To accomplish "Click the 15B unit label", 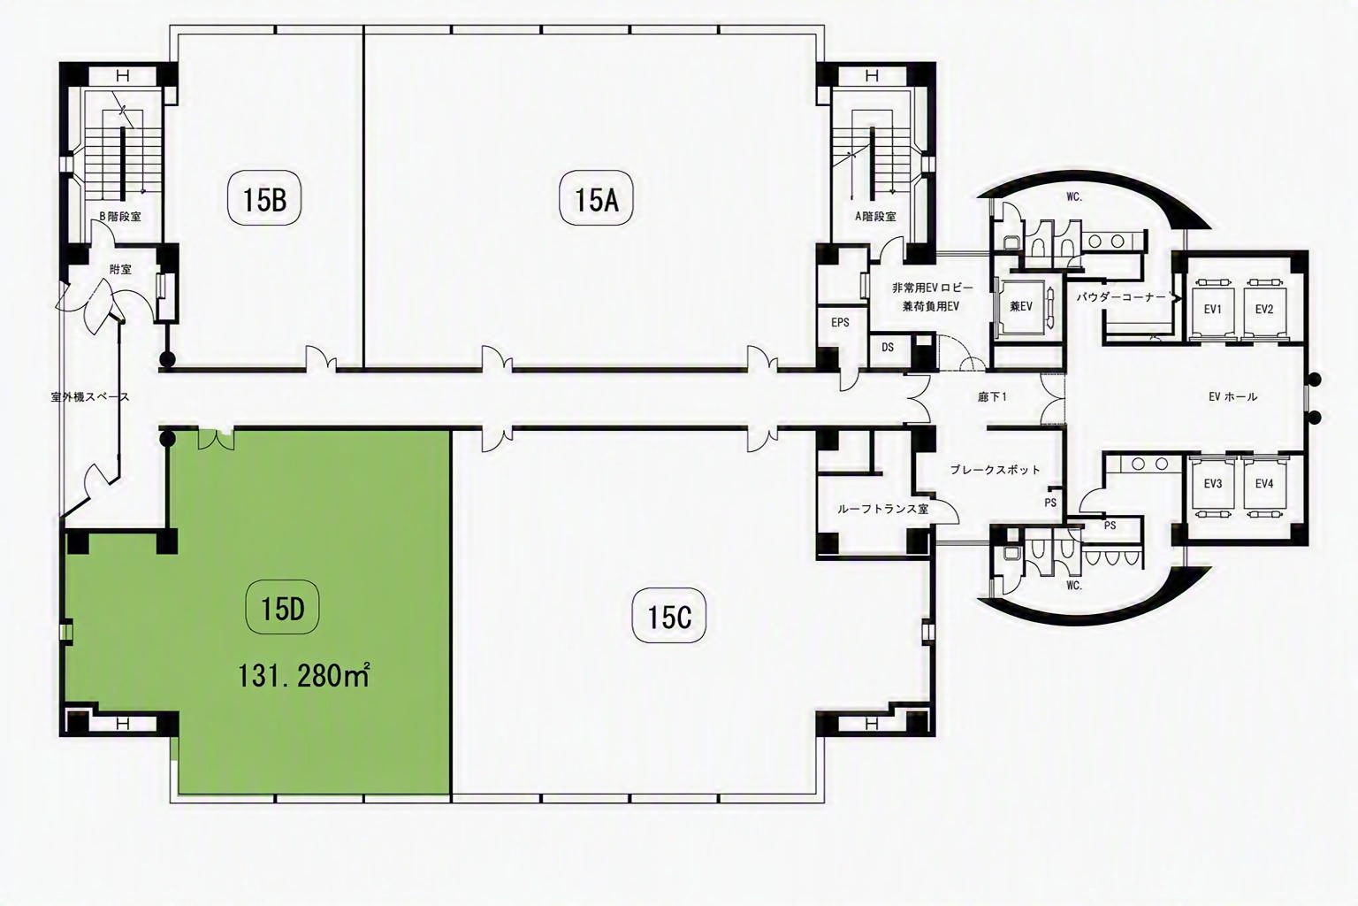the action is coord(264,200).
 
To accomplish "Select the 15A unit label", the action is coord(596,200).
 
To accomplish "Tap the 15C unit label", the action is coord(669,618).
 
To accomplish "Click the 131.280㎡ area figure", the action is coord(303,676).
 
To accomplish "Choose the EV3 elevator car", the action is coord(1213,484).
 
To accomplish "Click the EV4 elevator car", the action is coord(1264,484).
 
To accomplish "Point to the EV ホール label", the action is coord(1232,397).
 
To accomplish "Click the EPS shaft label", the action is coord(840,323).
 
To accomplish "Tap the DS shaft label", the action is coord(888,348).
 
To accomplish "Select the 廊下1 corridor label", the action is coord(993,397).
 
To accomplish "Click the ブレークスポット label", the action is coord(995,470).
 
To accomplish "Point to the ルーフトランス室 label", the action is coord(882,509).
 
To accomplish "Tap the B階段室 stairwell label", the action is coord(120,216).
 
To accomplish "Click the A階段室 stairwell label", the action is coord(874,216).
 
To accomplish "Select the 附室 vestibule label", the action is coord(120,270).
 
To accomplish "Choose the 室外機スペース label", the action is coord(89,398).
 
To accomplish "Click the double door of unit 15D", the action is coord(217,440).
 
